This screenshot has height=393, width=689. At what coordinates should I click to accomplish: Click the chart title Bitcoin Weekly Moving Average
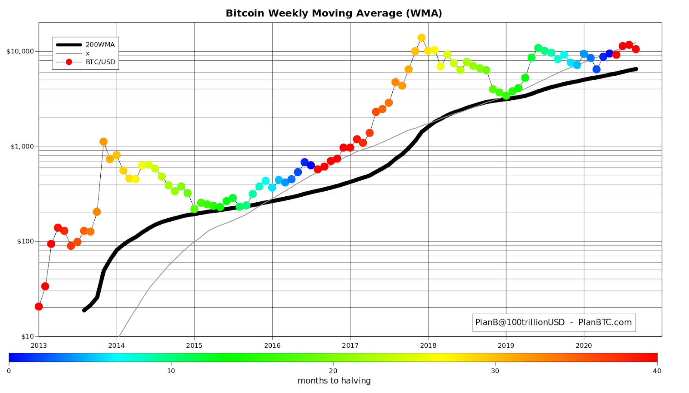tap(334, 13)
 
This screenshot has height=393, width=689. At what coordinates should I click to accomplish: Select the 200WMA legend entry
tap(100, 44)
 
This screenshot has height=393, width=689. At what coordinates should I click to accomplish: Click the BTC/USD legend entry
tap(100, 62)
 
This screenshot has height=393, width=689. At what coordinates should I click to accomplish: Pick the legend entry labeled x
tap(88, 53)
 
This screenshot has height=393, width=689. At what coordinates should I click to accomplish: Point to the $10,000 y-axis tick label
tap(20, 51)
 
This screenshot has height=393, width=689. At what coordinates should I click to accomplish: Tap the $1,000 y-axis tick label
tap(22, 146)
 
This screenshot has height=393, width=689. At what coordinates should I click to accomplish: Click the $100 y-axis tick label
tap(25, 241)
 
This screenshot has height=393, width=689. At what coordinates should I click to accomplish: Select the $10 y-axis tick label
tap(27, 336)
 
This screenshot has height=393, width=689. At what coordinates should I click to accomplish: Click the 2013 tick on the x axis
tap(39, 345)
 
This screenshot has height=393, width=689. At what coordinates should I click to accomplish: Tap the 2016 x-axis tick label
tap(272, 345)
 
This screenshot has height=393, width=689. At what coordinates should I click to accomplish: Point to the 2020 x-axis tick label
tap(584, 345)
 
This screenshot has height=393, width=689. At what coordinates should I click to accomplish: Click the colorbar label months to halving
tap(334, 381)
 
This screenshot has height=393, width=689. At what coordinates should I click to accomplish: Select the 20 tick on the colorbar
tap(333, 371)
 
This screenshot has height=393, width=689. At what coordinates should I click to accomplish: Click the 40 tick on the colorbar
tap(657, 371)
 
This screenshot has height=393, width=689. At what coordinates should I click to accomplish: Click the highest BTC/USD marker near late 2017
tap(422, 38)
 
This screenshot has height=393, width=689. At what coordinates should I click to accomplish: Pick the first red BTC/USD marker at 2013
tap(39, 306)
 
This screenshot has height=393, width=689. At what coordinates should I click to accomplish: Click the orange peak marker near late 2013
tap(103, 142)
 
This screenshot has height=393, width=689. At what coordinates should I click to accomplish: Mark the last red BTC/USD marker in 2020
tap(636, 49)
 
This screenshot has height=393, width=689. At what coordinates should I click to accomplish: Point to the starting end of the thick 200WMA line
tap(84, 310)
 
